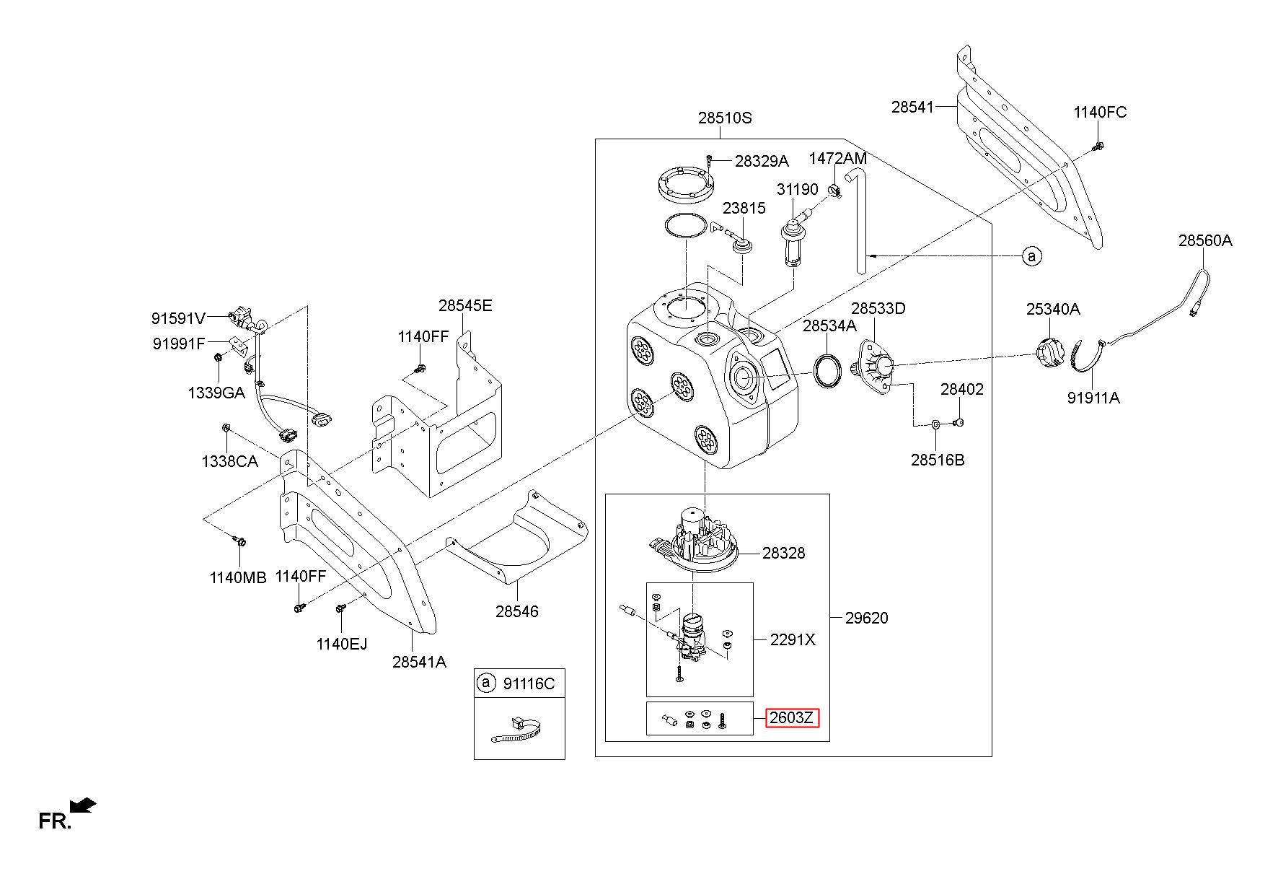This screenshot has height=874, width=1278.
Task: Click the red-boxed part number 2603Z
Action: (792, 718)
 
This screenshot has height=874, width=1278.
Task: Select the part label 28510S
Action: (725, 118)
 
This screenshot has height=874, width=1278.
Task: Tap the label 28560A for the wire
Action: (1205, 240)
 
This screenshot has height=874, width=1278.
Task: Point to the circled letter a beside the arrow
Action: (1032, 255)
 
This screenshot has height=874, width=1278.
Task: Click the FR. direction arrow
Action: (83, 805)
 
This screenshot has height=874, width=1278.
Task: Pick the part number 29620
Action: (867, 618)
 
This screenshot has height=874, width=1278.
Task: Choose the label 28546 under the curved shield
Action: (516, 611)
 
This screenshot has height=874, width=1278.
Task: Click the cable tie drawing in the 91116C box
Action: (516, 730)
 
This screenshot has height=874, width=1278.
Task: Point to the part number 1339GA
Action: (216, 393)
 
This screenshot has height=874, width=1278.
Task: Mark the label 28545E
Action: (465, 305)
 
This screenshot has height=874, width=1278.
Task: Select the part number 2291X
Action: (793, 639)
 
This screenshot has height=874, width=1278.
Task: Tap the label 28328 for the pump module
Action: (784, 553)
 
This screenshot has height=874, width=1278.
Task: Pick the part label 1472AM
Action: (837, 157)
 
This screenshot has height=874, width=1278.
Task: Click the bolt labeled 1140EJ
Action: (340, 610)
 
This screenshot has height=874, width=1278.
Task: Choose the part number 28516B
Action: (937, 460)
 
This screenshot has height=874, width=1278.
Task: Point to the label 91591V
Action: (179, 318)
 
